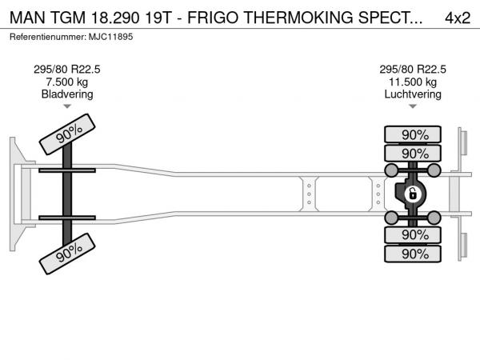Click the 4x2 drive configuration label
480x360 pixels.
pos(458,18)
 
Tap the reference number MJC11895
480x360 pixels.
pos(111,37)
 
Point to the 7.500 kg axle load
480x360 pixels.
pos(66,82)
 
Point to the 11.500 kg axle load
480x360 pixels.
pos(413,82)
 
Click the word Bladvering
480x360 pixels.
pos(67,94)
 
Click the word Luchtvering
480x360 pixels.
pos(413,94)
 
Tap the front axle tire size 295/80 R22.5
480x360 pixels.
pos(66,70)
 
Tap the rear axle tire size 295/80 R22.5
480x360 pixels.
pos(413,70)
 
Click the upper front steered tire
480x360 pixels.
pos(67,134)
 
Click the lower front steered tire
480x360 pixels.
pos(67,254)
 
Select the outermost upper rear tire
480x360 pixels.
pos(413,134)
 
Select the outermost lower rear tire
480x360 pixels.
pos(413,254)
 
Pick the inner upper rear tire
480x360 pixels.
pos(413,153)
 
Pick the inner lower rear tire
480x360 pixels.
pos(413,234)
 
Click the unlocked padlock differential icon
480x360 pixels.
pos(412,194)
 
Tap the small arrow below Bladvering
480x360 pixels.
pos(67,106)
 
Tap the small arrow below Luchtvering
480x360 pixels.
pos(413,106)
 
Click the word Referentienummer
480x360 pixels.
pos(48,37)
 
